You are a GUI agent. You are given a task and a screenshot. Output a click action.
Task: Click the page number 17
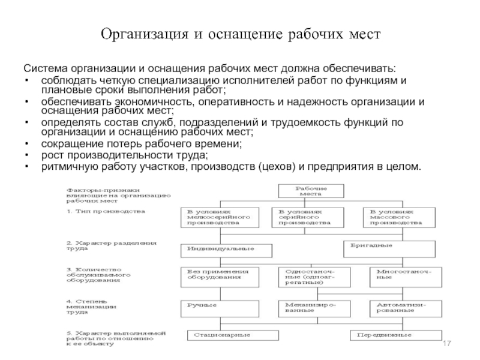click(x=446, y=342)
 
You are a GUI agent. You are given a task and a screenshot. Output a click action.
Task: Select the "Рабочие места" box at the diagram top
click(x=311, y=191)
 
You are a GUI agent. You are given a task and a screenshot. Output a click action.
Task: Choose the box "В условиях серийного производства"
click(x=308, y=217)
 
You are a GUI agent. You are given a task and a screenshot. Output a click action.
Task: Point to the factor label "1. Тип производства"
click(x=106, y=212)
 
